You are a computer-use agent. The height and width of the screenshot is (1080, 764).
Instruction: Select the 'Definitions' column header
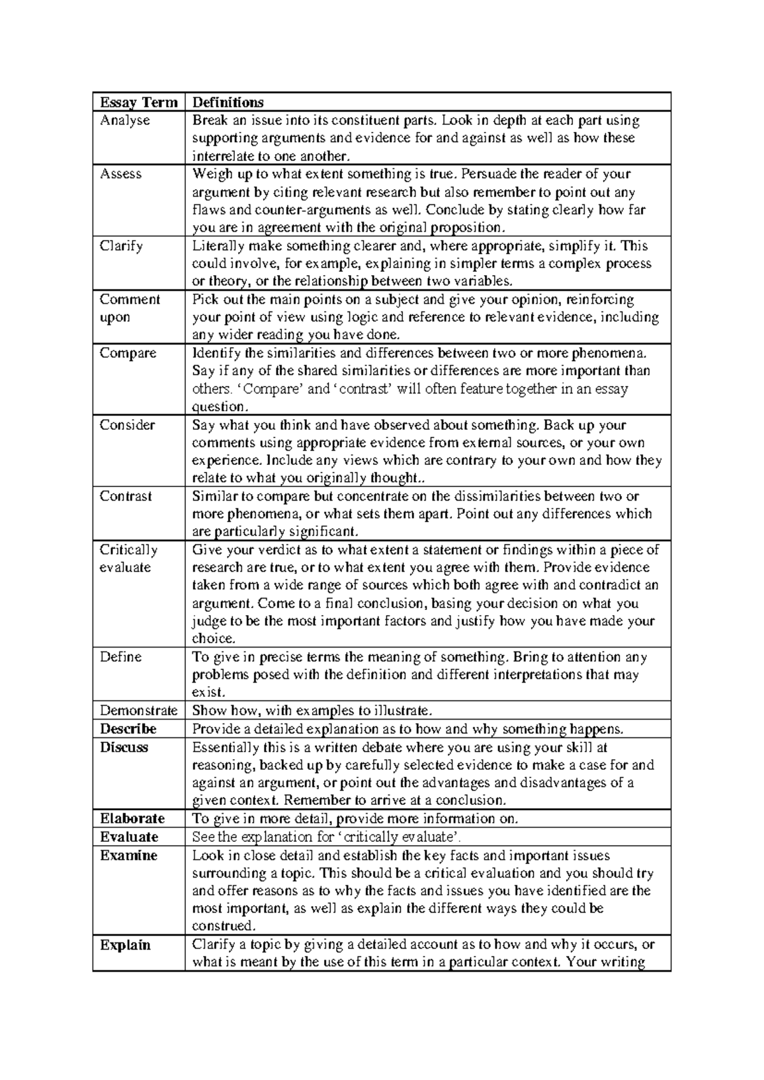pos(228,103)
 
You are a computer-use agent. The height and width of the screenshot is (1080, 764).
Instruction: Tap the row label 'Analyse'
pos(125,120)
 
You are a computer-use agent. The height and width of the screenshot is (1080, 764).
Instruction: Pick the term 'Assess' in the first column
pos(121,174)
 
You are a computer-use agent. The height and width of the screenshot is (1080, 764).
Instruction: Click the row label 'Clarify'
pos(122,246)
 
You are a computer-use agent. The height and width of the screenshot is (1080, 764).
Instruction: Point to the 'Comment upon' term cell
pos(130,308)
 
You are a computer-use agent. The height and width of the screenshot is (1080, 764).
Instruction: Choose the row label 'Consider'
pos(127,425)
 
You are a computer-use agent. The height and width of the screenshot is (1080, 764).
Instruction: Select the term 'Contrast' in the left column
pos(126,496)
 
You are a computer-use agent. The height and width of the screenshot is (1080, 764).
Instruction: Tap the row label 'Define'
pos(120,657)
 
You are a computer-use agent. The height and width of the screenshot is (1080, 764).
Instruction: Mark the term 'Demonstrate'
pos(139,710)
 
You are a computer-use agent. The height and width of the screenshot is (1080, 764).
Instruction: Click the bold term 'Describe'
pos(128,728)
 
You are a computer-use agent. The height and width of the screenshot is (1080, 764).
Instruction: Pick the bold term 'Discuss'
pos(124,747)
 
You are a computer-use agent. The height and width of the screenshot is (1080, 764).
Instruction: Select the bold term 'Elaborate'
pos(132,818)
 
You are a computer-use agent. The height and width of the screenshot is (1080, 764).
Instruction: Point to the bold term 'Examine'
pos(129,855)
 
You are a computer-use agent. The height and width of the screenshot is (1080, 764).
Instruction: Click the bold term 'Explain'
pos(125,944)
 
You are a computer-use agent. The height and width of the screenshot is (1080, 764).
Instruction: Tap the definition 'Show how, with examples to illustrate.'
pos(312,710)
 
